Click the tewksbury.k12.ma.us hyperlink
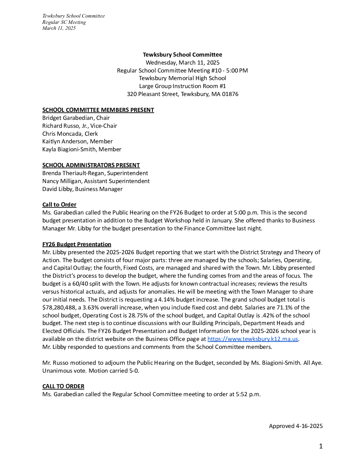(x=253, y=339)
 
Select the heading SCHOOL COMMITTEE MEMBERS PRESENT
(x=98, y=110)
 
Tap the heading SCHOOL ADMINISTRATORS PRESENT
(x=91, y=165)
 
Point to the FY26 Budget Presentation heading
(x=77, y=244)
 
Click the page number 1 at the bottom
(x=321, y=446)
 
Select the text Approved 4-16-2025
(x=295, y=426)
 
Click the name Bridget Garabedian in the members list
(x=68, y=118)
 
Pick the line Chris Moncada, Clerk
(x=70, y=134)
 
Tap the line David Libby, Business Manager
(x=82, y=189)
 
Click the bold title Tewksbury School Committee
(x=182, y=55)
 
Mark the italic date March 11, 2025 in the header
(x=59, y=28)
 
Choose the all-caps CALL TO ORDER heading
(x=63, y=386)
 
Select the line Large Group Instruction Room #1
(x=182, y=86)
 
